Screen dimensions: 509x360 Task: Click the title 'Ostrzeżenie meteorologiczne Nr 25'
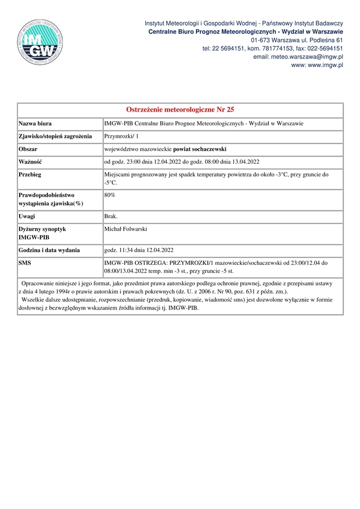point(180,110)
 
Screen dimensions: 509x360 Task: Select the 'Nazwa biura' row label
point(35,123)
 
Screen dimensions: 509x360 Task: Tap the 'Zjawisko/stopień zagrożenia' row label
point(55,136)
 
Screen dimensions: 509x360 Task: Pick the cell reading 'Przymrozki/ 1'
point(122,136)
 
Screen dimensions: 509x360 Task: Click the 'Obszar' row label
point(27,149)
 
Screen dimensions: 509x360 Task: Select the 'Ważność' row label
point(31,162)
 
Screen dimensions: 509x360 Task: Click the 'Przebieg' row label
point(30,175)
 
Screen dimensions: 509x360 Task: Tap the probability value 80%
point(110,195)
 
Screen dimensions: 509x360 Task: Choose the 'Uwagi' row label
point(27,216)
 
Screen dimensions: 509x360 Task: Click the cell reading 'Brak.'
point(111,216)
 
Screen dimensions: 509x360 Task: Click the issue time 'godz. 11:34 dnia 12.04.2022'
point(139,251)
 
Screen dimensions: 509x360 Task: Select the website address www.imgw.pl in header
point(325,65)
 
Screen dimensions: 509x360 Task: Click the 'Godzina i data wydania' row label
point(50,251)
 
